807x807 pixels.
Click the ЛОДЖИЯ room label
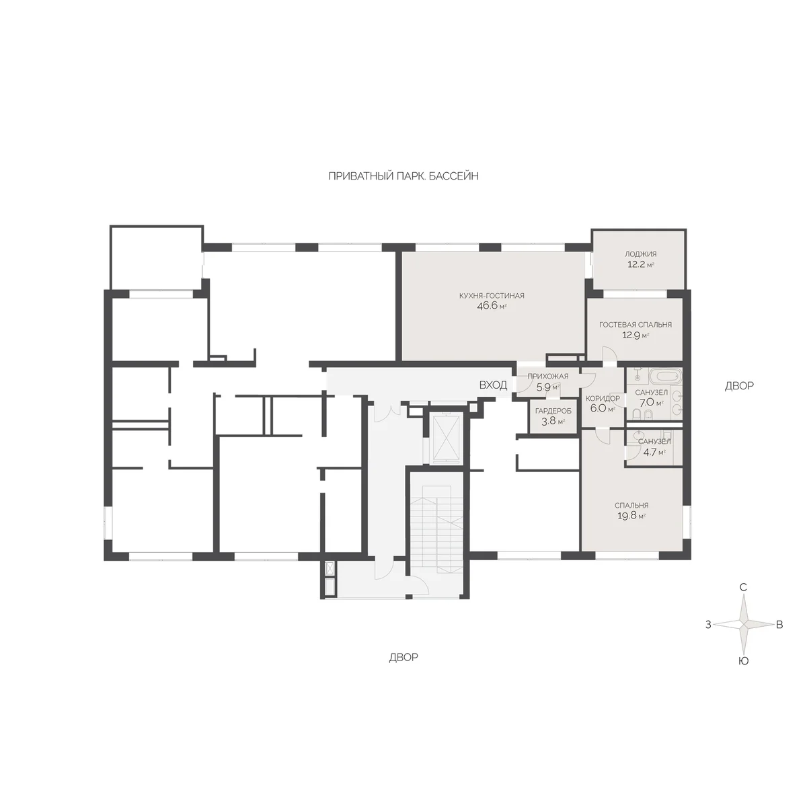tap(641, 254)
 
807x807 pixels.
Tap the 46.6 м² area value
tap(492, 306)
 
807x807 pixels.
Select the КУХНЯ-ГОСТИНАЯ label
tap(492, 296)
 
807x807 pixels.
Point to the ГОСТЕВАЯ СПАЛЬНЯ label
tap(636, 325)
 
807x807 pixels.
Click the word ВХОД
tap(494, 385)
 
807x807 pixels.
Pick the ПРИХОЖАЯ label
tap(548, 376)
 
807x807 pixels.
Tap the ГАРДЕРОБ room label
tap(553, 412)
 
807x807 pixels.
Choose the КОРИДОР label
tap(603, 398)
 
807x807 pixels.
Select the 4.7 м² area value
tap(654, 453)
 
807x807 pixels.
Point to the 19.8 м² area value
tap(631, 516)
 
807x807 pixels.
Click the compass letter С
tap(743, 587)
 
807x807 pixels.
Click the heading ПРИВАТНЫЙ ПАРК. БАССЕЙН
tap(403, 176)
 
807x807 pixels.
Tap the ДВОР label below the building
tap(403, 658)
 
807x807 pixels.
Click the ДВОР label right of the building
tap(739, 386)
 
